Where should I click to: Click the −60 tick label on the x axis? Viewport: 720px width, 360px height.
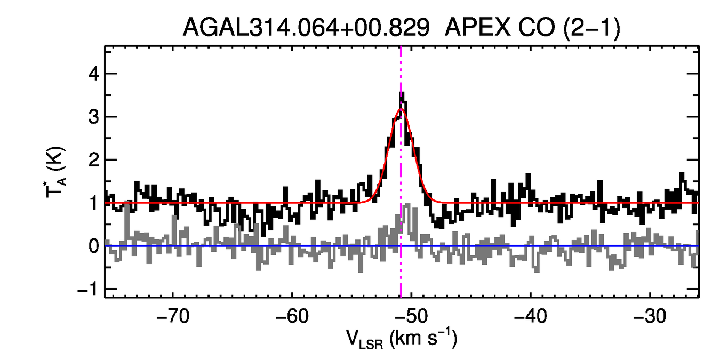coord(292,316)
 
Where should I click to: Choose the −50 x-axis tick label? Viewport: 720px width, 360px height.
coord(411,316)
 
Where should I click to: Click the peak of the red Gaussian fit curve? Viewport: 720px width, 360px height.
coord(401,109)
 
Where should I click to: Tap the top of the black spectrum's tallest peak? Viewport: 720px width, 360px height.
coord(401,93)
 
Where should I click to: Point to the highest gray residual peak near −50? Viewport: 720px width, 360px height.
coord(407,204)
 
